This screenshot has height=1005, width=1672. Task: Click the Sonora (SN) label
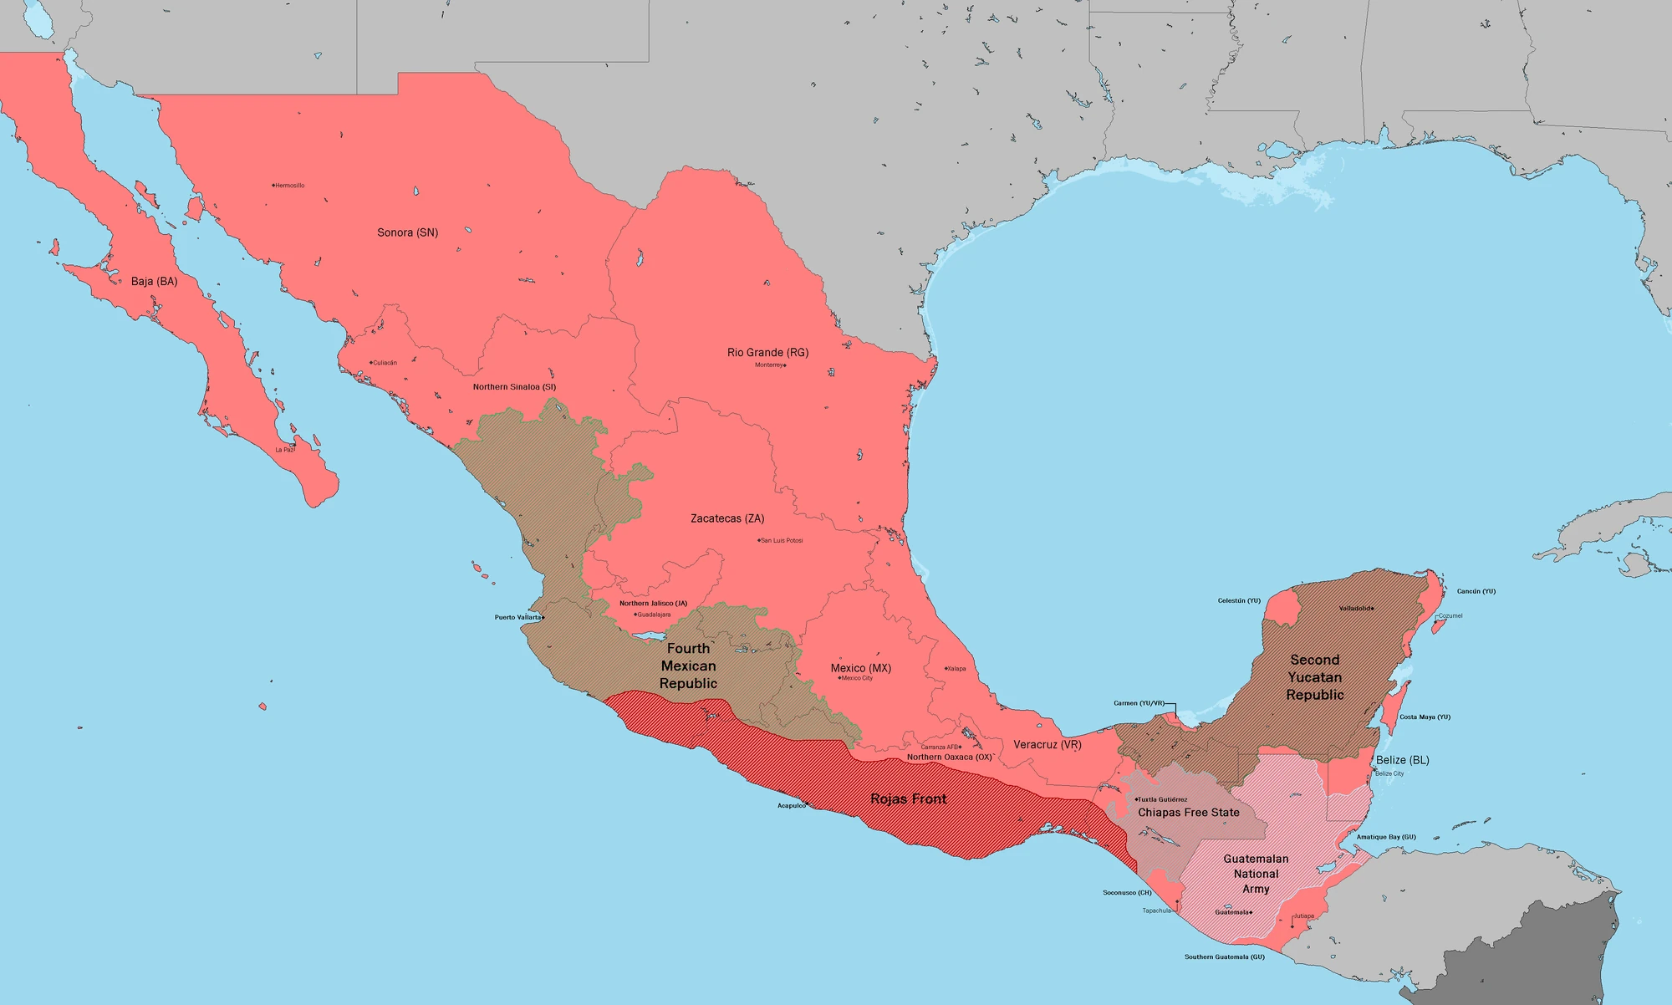pyautogui.click(x=407, y=232)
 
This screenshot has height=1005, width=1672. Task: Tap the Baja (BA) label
pyautogui.click(x=154, y=282)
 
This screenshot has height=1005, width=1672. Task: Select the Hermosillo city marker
pyautogui.click(x=274, y=186)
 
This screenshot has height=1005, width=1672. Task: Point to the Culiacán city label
pyautogui.click(x=385, y=363)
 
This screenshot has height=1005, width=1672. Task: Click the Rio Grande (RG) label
pyautogui.click(x=767, y=353)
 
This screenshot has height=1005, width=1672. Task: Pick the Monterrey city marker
pyautogui.click(x=784, y=365)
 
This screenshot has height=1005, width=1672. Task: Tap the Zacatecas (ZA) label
pyautogui.click(x=727, y=518)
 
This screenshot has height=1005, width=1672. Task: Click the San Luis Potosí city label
pyautogui.click(x=782, y=541)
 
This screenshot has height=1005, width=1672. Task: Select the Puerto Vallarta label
pyautogui.click(x=517, y=618)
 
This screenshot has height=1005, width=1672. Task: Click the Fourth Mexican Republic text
pyautogui.click(x=688, y=666)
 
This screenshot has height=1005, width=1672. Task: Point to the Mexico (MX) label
pyautogui.click(x=860, y=668)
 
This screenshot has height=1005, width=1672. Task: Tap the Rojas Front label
pyautogui.click(x=908, y=799)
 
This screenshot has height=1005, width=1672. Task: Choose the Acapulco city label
pyautogui.click(x=791, y=806)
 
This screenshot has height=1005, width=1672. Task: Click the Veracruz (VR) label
pyautogui.click(x=1047, y=744)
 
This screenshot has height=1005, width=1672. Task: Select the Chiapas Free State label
pyautogui.click(x=1188, y=813)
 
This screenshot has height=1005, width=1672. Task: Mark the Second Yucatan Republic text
pyautogui.click(x=1314, y=677)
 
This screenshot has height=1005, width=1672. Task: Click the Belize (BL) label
pyautogui.click(x=1402, y=760)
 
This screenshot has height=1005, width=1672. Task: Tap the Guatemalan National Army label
pyautogui.click(x=1256, y=874)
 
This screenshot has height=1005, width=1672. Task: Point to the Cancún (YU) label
pyautogui.click(x=1476, y=592)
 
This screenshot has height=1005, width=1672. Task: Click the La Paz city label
pyautogui.click(x=284, y=450)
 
